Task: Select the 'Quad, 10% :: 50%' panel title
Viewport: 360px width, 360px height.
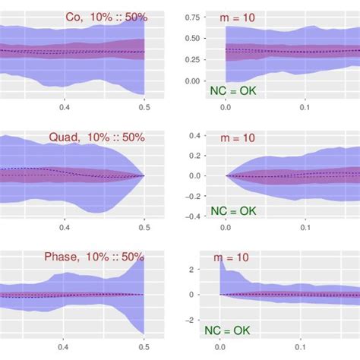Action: (x=101, y=137)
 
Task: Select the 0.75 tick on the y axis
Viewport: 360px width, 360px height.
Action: (x=192, y=17)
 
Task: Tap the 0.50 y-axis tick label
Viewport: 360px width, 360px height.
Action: (x=192, y=38)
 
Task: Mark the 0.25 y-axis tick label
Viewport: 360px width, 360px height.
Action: (x=192, y=59)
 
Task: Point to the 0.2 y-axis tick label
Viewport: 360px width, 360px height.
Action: (x=194, y=156)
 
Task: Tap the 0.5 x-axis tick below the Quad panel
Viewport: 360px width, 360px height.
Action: (x=144, y=227)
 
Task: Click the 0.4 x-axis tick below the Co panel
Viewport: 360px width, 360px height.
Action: (x=65, y=107)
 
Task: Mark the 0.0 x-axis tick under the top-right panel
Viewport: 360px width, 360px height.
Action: (x=226, y=107)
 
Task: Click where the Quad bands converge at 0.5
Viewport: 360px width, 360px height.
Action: (x=144, y=175)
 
